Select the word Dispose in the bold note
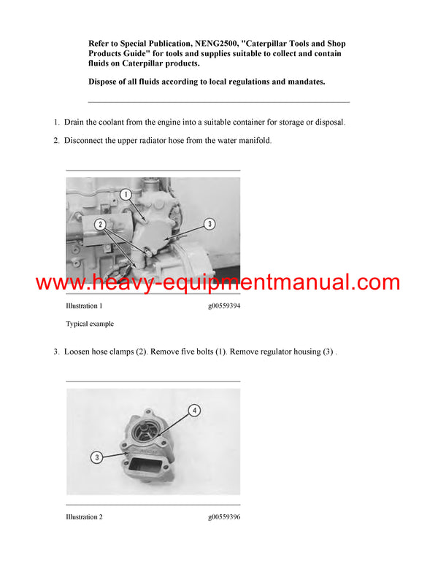104,82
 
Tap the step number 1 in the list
55,122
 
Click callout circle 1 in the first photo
125,195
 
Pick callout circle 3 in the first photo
210,224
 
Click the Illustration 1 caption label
84,306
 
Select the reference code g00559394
223,306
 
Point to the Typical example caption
90,324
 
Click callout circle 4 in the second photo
194,410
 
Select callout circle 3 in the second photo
96,457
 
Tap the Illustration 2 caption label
84,517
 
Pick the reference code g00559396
223,517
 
